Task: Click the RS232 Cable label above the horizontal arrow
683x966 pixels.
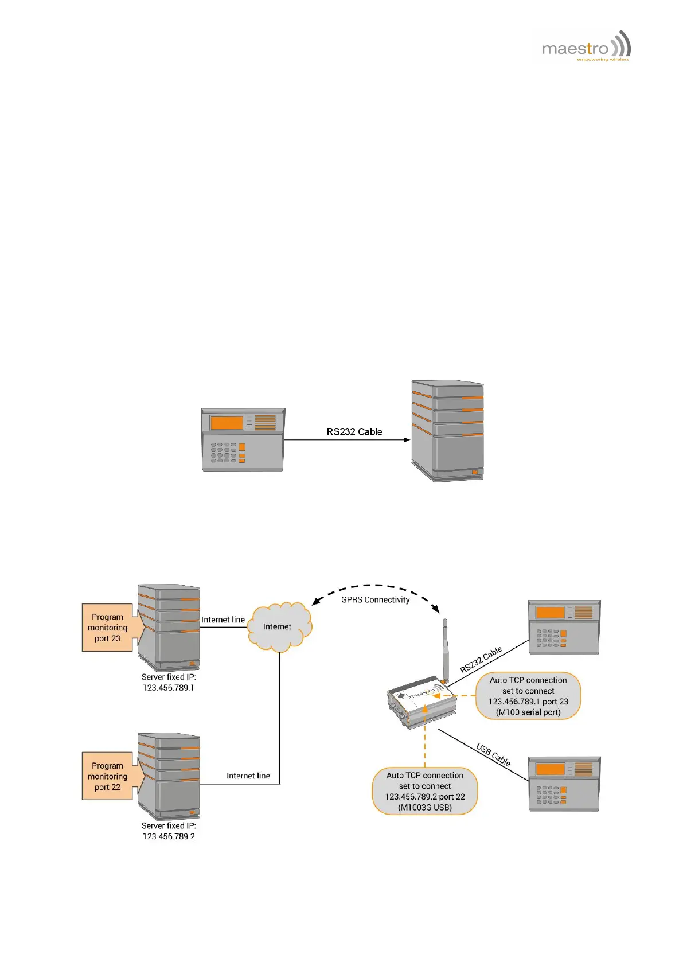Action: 354,432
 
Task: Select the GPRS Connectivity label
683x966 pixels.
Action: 375,600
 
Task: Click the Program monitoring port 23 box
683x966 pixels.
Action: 108,628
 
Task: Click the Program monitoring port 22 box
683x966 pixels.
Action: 108,776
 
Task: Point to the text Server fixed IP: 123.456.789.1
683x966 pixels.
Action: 169,682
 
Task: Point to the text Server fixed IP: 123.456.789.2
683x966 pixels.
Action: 169,831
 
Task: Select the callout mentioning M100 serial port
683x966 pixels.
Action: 528,696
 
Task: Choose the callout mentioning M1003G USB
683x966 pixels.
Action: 425,791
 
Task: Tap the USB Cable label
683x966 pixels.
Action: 493,754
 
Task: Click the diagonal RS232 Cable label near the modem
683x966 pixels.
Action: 481,660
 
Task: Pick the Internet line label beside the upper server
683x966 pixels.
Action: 223,620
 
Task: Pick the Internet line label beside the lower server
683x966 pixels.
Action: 248,776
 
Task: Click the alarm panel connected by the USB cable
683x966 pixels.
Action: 564,784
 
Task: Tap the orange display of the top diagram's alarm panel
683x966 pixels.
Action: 227,423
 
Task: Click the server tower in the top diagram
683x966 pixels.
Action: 447,430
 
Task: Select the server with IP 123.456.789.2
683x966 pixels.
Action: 169,776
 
